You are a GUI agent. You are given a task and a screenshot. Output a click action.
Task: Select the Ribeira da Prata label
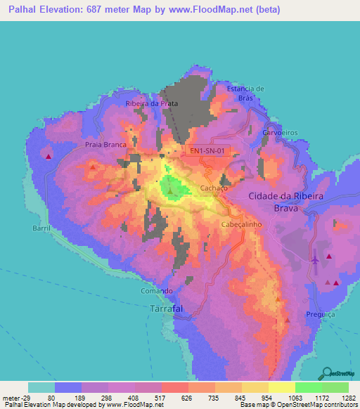coord(151,103)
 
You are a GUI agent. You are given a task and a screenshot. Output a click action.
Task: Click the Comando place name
coord(156,291)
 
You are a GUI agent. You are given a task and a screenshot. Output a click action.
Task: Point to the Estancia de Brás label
coord(245,93)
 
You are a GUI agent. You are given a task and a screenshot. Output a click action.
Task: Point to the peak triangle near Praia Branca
coord(93,167)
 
